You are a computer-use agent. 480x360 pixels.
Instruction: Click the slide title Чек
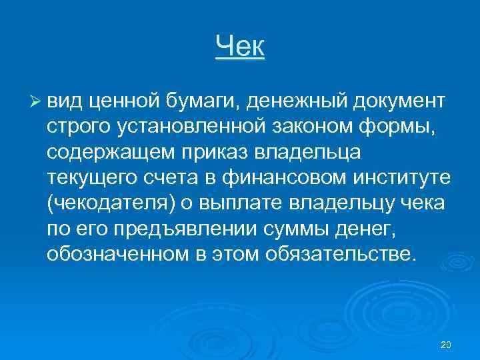(x=240, y=47)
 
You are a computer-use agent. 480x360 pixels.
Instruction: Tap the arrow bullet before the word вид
(x=36, y=101)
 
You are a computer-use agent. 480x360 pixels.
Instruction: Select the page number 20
(x=447, y=345)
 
